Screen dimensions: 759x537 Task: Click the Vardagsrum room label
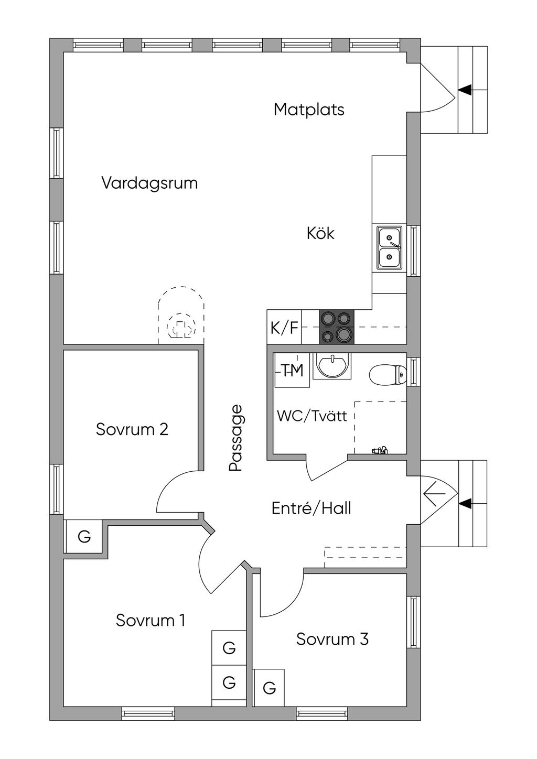[149, 183]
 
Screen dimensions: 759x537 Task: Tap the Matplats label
[309, 110]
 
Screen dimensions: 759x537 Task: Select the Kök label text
[320, 233]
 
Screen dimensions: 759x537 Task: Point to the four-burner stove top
[336, 327]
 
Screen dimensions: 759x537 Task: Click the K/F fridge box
[284, 328]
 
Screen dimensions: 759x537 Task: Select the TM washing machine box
[292, 371]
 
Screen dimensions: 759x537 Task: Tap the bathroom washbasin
[332, 365]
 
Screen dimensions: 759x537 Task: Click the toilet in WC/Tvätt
[388, 375]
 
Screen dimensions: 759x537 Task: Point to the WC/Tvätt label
[312, 416]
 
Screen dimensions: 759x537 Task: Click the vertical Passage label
[236, 438]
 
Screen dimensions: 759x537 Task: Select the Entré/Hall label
[312, 508]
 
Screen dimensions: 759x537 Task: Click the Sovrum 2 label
[132, 429]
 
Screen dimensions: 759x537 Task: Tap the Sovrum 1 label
[151, 620]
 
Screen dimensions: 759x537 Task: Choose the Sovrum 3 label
[332, 639]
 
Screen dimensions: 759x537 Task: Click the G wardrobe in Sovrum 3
[269, 688]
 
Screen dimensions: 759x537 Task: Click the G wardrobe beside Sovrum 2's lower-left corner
[84, 537]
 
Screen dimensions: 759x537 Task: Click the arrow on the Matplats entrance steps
[465, 90]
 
